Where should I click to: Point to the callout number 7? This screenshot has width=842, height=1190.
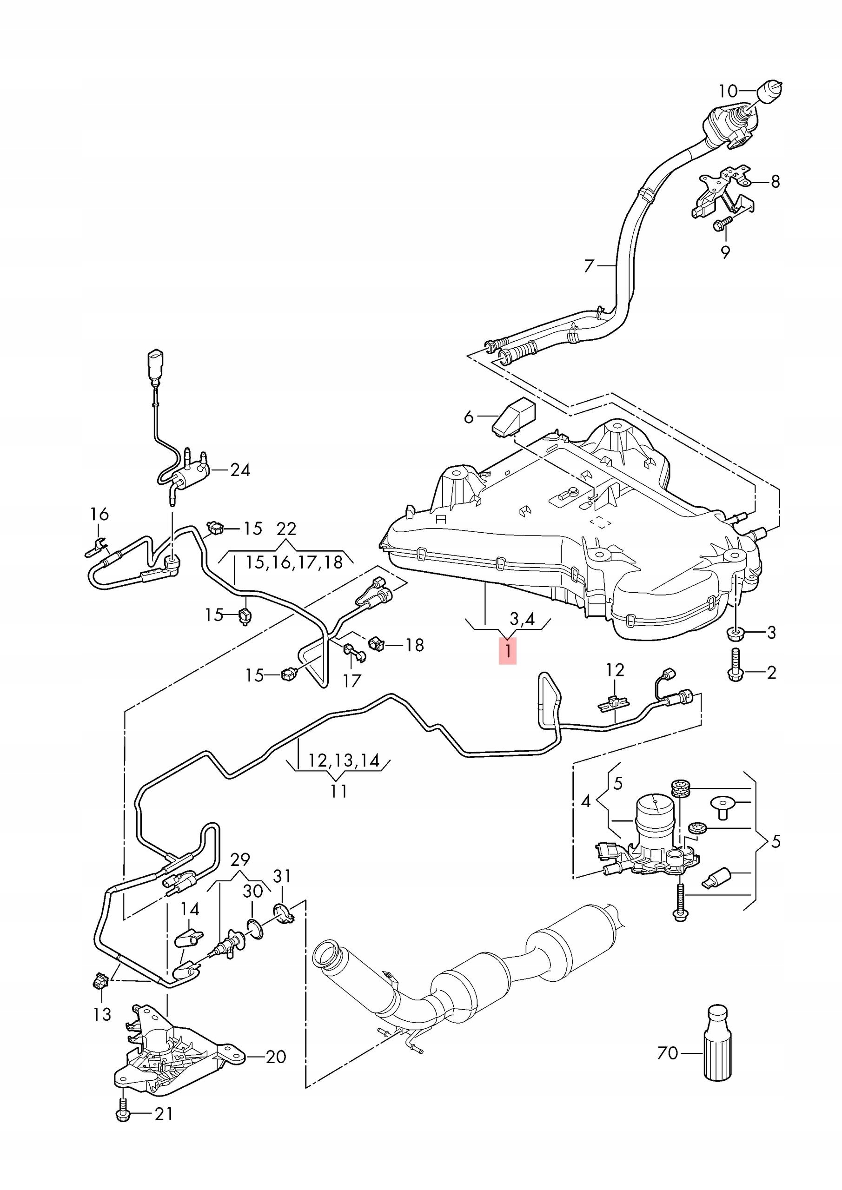589,266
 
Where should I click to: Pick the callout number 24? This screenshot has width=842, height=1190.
240,470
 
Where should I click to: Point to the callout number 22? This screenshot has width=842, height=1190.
286,529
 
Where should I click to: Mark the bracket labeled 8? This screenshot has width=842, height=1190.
722,193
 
